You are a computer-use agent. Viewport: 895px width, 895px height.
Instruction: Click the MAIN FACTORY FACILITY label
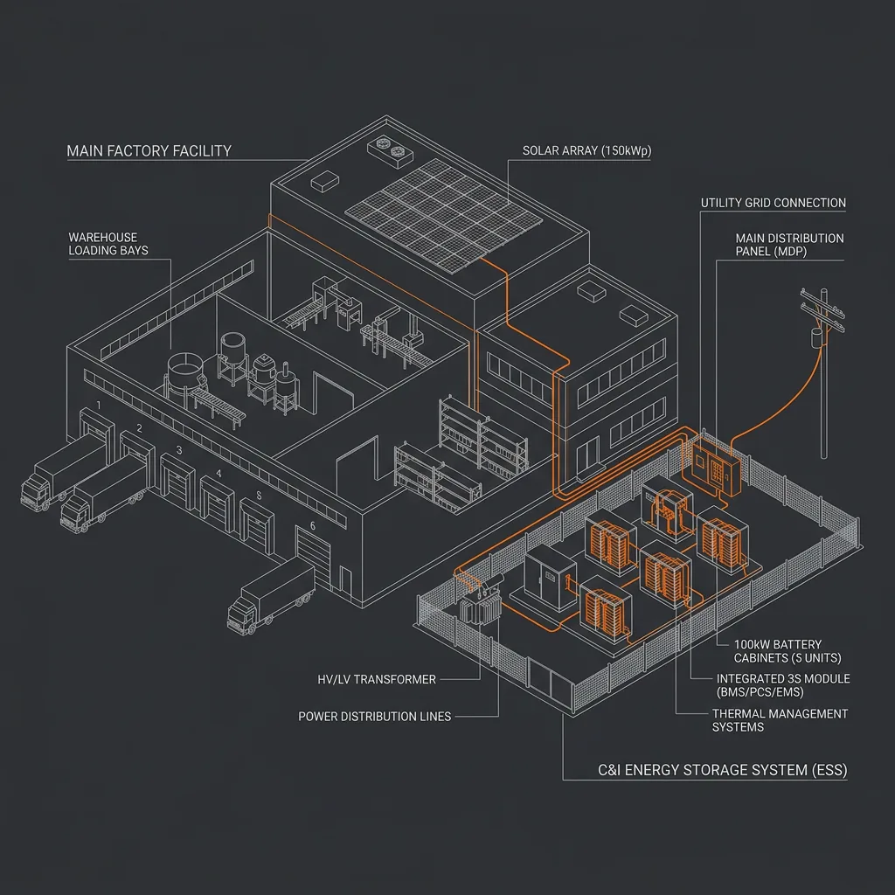click(149, 150)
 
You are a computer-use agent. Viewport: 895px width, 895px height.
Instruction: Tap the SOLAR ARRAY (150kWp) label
click(586, 150)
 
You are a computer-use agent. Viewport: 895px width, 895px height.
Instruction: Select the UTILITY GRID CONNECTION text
click(774, 203)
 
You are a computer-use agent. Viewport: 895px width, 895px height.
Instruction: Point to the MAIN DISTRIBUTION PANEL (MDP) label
click(789, 245)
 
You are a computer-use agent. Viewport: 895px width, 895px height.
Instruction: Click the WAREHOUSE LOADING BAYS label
click(108, 244)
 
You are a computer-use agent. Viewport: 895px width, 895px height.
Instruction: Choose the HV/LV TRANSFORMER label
click(377, 679)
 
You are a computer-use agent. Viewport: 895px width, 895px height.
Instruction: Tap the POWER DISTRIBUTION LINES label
click(374, 717)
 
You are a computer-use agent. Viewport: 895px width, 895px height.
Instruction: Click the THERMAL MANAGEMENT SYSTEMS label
click(780, 720)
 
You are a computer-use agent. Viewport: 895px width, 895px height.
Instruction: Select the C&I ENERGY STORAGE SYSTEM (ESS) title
click(723, 770)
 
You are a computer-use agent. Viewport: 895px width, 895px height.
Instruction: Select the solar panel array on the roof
click(444, 215)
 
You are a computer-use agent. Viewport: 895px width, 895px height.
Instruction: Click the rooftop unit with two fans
click(391, 148)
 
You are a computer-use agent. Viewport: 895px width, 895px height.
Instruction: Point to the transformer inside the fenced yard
click(481, 602)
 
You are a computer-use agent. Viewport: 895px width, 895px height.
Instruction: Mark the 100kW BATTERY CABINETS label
click(787, 651)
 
